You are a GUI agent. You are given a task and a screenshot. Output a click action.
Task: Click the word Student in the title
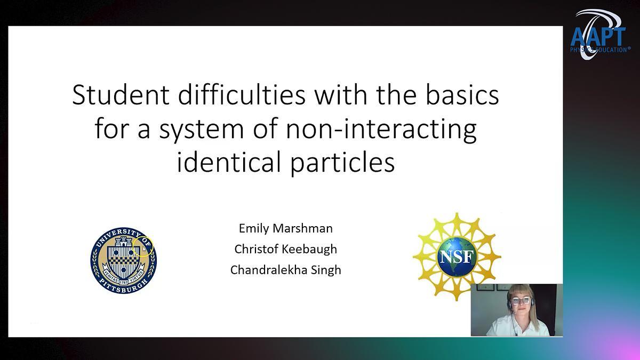[x=121, y=95]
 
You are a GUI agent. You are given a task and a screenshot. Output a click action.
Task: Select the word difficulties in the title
[x=242, y=95]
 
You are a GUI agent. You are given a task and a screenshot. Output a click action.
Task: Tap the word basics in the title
[x=462, y=95]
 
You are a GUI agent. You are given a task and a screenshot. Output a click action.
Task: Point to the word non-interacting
[x=381, y=130]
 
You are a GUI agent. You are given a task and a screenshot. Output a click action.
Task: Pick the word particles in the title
[x=342, y=163]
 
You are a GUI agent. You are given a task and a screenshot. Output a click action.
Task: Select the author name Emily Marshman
[x=286, y=228]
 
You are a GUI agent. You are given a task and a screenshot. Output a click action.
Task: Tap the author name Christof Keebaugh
[x=286, y=249]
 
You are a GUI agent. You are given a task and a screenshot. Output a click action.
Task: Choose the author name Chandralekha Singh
[x=286, y=270]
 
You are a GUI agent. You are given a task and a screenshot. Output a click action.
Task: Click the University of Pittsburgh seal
[x=123, y=260]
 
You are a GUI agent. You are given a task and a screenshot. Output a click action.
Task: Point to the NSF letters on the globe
[x=457, y=257]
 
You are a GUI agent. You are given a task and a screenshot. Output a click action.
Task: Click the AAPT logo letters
[x=598, y=37]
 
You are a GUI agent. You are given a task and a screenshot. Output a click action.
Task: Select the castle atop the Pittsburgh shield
[x=123, y=242]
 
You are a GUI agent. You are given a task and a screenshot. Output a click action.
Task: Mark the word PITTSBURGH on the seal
[x=123, y=286]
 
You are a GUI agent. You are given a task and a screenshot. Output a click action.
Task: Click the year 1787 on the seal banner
[x=123, y=282]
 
